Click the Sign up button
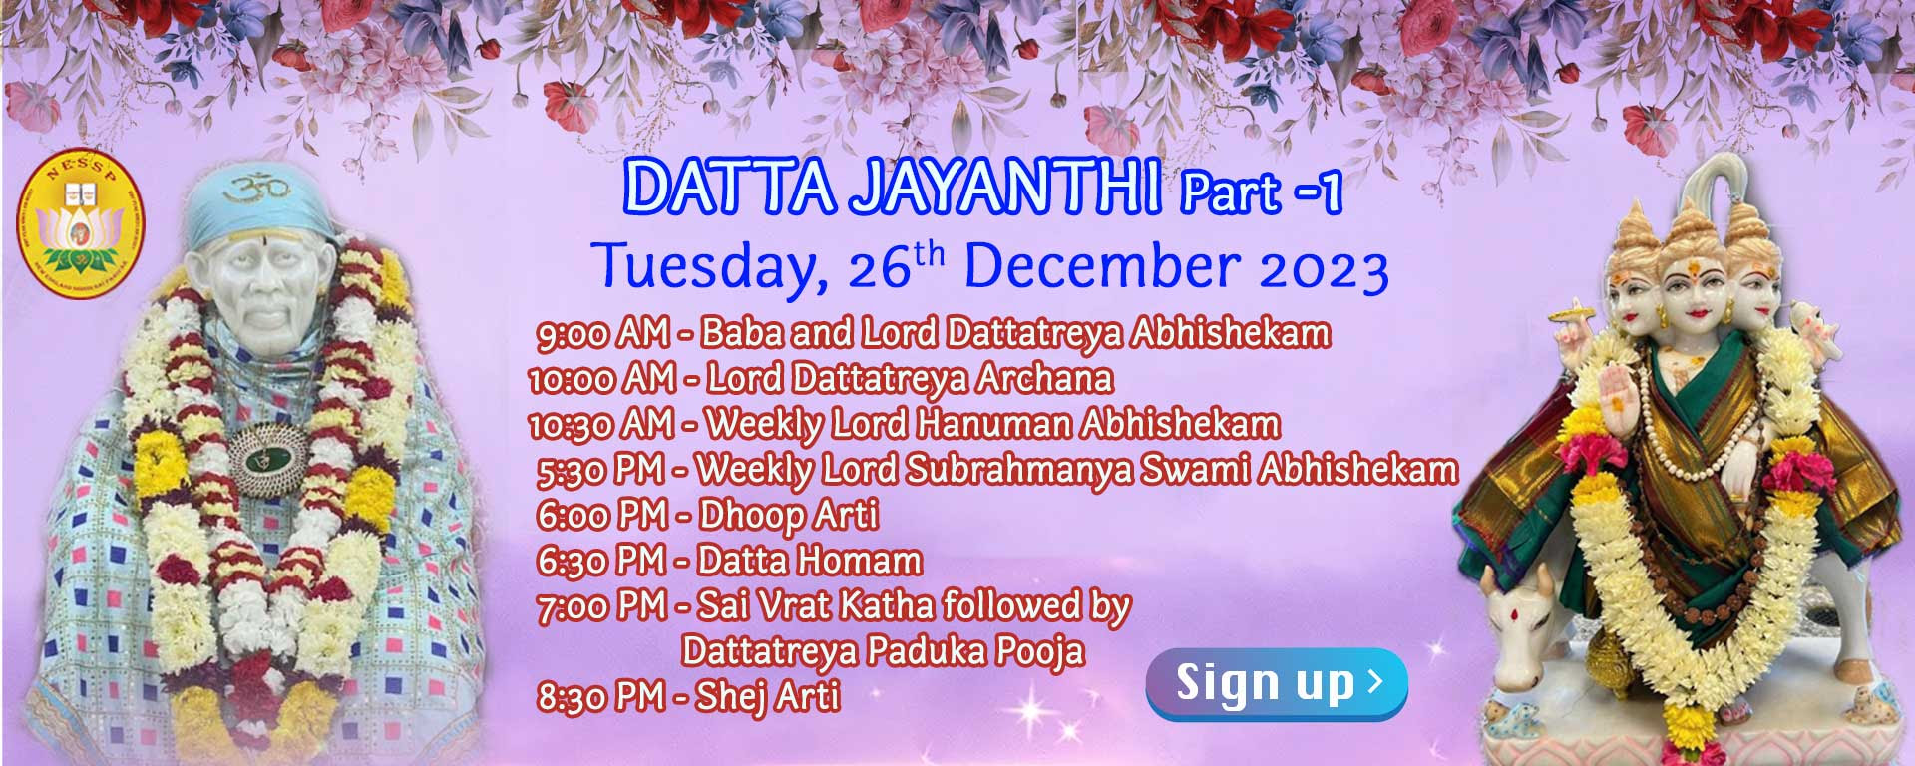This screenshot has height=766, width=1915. coord(1276,684)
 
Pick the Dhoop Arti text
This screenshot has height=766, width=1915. coord(789,516)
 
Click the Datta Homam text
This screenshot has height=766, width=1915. coord(809,561)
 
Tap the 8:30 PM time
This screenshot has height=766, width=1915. coord(601,696)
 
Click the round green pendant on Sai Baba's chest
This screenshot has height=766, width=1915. coord(266,457)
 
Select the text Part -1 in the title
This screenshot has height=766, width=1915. coord(1262,192)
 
